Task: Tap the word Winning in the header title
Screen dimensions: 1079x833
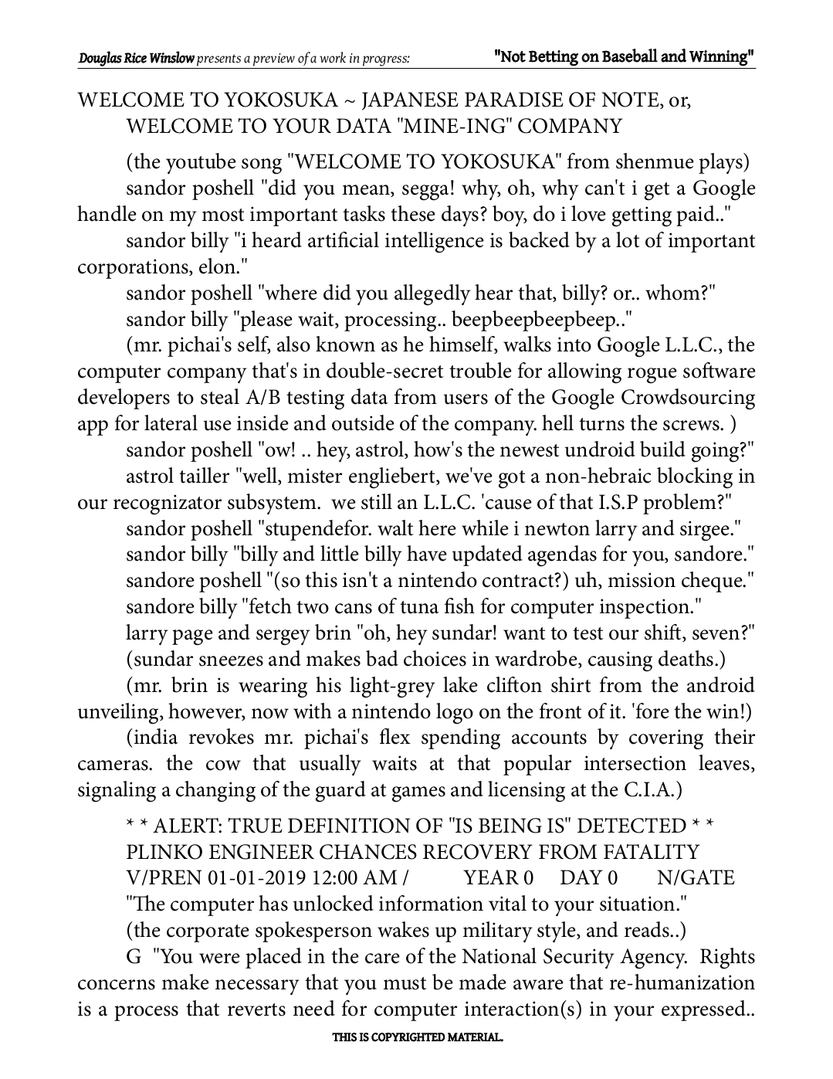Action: (720, 56)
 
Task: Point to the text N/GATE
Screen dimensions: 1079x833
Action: (696, 878)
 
